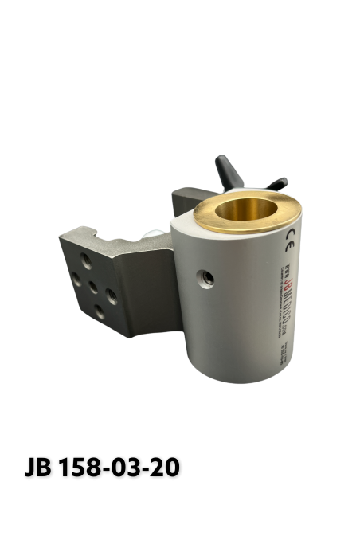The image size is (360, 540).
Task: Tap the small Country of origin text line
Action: tap(280, 293)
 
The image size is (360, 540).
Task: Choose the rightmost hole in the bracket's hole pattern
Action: tap(112, 295)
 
